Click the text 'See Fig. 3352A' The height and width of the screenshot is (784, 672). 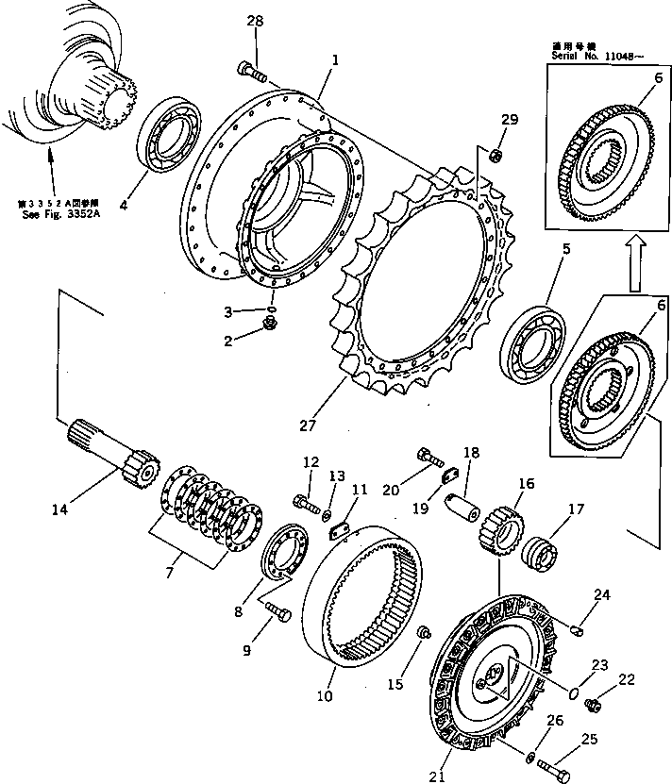54,211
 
